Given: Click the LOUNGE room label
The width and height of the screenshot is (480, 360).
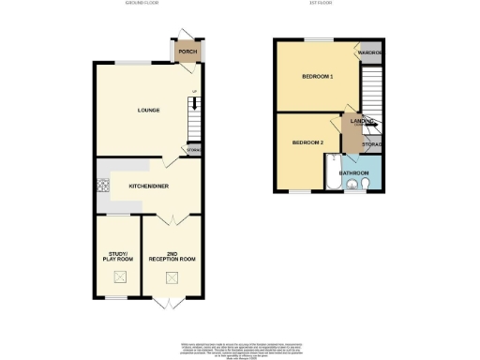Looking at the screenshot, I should click(x=148, y=111).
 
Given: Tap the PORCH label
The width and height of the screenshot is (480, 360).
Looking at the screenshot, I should click(x=187, y=51).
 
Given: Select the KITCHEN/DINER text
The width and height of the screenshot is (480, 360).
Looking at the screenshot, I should click(x=149, y=186).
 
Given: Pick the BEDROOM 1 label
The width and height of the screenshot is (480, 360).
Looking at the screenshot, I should click(x=317, y=77).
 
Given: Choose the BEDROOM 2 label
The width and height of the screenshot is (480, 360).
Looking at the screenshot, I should click(x=307, y=142).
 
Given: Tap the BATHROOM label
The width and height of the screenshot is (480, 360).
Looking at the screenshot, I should click(x=353, y=172).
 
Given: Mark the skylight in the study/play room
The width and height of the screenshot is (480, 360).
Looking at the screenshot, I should click(x=119, y=277).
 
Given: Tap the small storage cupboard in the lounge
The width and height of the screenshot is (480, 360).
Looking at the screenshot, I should click(x=194, y=149).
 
